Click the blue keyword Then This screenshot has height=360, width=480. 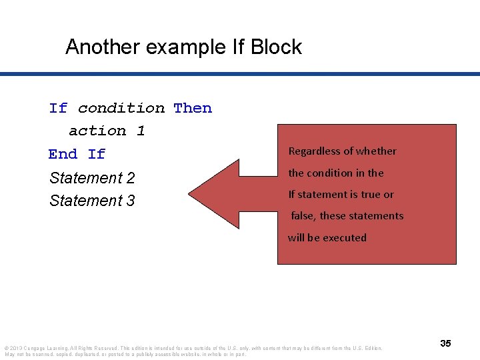pyautogui.click(x=193, y=108)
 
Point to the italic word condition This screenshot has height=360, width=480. pyautogui.click(x=121, y=108)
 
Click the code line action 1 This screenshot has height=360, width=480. pyautogui.click(x=107, y=131)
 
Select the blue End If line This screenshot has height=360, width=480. pyautogui.click(x=77, y=154)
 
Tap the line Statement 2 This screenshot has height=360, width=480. pyautogui.click(x=92, y=178)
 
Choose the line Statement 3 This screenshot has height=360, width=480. pyautogui.click(x=92, y=201)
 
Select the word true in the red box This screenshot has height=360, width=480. pyautogui.click(x=367, y=195)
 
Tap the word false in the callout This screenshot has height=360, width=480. pyautogui.click(x=303, y=216)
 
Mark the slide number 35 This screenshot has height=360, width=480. pyautogui.click(x=445, y=343)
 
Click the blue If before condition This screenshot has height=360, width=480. pyautogui.click(x=58, y=108)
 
